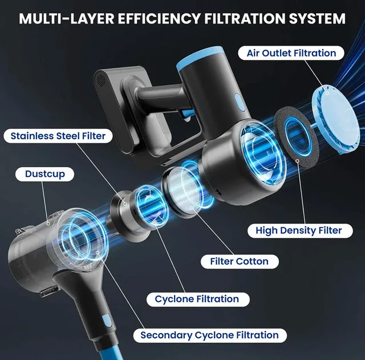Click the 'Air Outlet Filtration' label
click(291, 53)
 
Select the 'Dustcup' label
click(44, 173)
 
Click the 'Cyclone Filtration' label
click(197, 298)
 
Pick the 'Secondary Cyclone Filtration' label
click(209, 335)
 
